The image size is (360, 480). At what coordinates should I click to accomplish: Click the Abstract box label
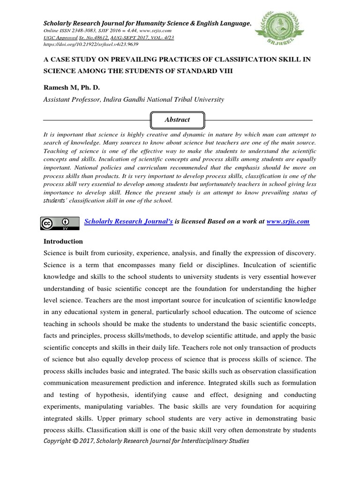tap(177, 120)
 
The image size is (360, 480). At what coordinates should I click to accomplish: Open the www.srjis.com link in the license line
tap(288, 221)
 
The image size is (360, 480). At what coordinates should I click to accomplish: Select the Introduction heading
tap(63, 241)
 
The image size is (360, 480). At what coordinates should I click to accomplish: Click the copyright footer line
tap(146, 441)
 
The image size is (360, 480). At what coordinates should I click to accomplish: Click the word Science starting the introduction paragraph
tap(56, 253)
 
